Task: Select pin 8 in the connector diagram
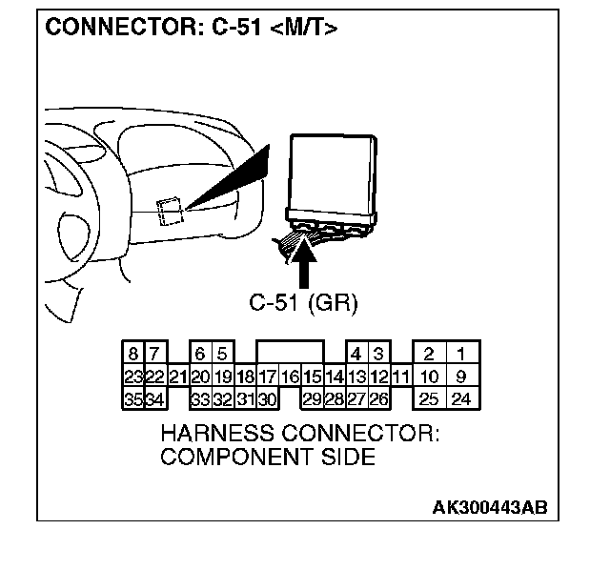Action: pyautogui.click(x=132, y=355)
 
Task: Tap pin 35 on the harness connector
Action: pyautogui.click(x=132, y=398)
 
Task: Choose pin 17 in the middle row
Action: pyautogui.click(x=268, y=377)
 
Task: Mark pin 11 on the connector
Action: pyautogui.click(x=401, y=377)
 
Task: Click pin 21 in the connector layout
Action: pyautogui.click(x=177, y=377)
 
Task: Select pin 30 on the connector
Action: pyautogui.click(x=268, y=398)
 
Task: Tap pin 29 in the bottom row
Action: pyautogui.click(x=312, y=398)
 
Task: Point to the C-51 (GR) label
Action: pyautogui.click(x=303, y=303)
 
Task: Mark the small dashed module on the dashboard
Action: pyautogui.click(x=170, y=211)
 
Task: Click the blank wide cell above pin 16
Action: pyautogui.click(x=290, y=354)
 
